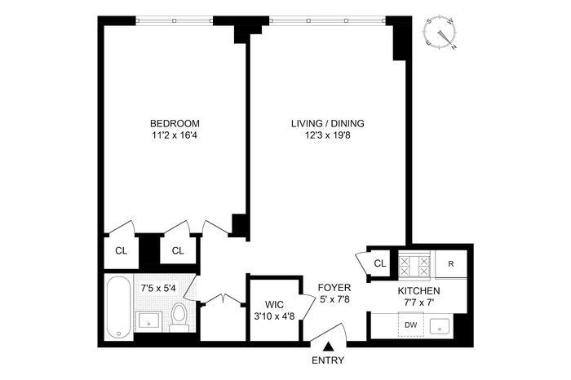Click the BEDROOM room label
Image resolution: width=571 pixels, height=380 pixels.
(x=175, y=123)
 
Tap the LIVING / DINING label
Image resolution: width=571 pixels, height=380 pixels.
(x=327, y=123)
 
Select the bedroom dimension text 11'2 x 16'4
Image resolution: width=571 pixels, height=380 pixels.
(x=175, y=135)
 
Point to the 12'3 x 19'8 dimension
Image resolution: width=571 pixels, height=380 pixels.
(x=327, y=135)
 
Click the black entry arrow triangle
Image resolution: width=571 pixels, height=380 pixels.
(x=329, y=346)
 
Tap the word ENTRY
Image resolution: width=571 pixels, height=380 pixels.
(x=328, y=360)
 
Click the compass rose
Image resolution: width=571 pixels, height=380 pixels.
(x=440, y=33)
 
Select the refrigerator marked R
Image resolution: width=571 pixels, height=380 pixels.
(x=451, y=264)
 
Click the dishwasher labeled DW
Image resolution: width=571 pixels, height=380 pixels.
(x=411, y=325)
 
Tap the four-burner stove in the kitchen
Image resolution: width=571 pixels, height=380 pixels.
(x=414, y=266)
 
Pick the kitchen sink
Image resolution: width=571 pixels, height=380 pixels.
(x=440, y=326)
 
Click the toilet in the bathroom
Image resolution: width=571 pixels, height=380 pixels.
(x=179, y=317)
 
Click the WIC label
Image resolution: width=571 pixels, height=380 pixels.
(x=274, y=304)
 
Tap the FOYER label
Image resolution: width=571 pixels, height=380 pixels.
(x=334, y=288)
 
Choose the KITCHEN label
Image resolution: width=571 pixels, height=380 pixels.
(x=418, y=291)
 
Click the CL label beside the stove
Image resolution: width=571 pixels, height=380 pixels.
(x=380, y=263)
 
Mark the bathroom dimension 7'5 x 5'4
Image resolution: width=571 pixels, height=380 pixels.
(x=158, y=289)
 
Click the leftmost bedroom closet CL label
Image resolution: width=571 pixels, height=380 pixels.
(x=122, y=251)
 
